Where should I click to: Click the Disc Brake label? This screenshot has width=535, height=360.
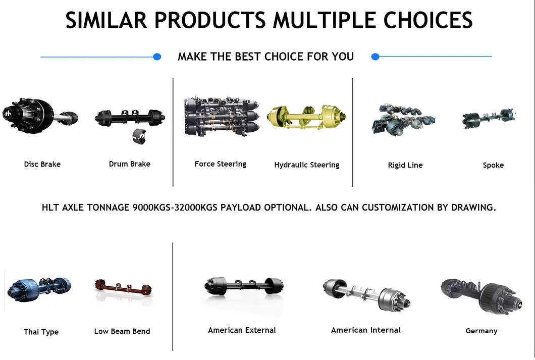click(x=42, y=164)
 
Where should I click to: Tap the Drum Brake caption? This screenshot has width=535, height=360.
click(x=130, y=164)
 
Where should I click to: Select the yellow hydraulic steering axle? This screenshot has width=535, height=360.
click(x=306, y=117)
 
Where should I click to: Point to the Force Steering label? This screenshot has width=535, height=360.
click(x=221, y=164)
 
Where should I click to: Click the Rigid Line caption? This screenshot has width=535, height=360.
click(x=405, y=165)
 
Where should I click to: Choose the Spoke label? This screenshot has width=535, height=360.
click(x=494, y=165)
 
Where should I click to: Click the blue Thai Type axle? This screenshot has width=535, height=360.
click(x=38, y=289)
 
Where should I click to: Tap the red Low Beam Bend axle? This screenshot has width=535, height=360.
click(x=123, y=288)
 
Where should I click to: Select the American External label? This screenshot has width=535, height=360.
click(x=242, y=330)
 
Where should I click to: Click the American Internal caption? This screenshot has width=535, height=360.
click(x=366, y=330)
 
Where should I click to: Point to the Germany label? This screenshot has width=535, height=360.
click(x=482, y=331)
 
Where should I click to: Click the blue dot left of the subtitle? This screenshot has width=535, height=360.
click(x=157, y=57)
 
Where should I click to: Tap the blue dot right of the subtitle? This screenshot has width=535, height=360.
click(x=376, y=57)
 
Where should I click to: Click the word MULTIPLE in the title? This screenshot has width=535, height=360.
click(x=324, y=20)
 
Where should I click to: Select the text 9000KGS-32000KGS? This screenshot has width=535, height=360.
click(x=175, y=208)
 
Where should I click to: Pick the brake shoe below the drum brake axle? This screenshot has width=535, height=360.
click(x=139, y=136)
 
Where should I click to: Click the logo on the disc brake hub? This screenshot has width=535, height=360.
click(x=8, y=114)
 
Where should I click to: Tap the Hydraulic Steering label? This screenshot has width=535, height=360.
click(x=307, y=165)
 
